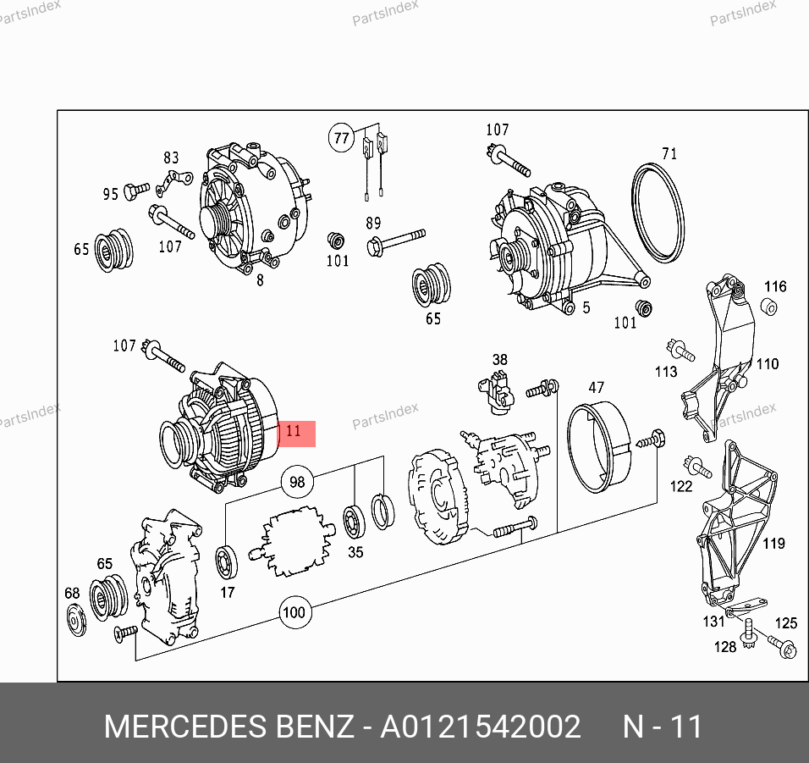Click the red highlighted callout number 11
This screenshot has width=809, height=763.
[296, 433]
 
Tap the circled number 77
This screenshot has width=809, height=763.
[342, 138]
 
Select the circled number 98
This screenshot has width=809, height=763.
[297, 482]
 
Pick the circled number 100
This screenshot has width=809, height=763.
[294, 612]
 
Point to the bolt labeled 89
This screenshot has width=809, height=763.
[396, 241]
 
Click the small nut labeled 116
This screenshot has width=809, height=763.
[768, 307]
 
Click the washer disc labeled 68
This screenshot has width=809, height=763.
[77, 620]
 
